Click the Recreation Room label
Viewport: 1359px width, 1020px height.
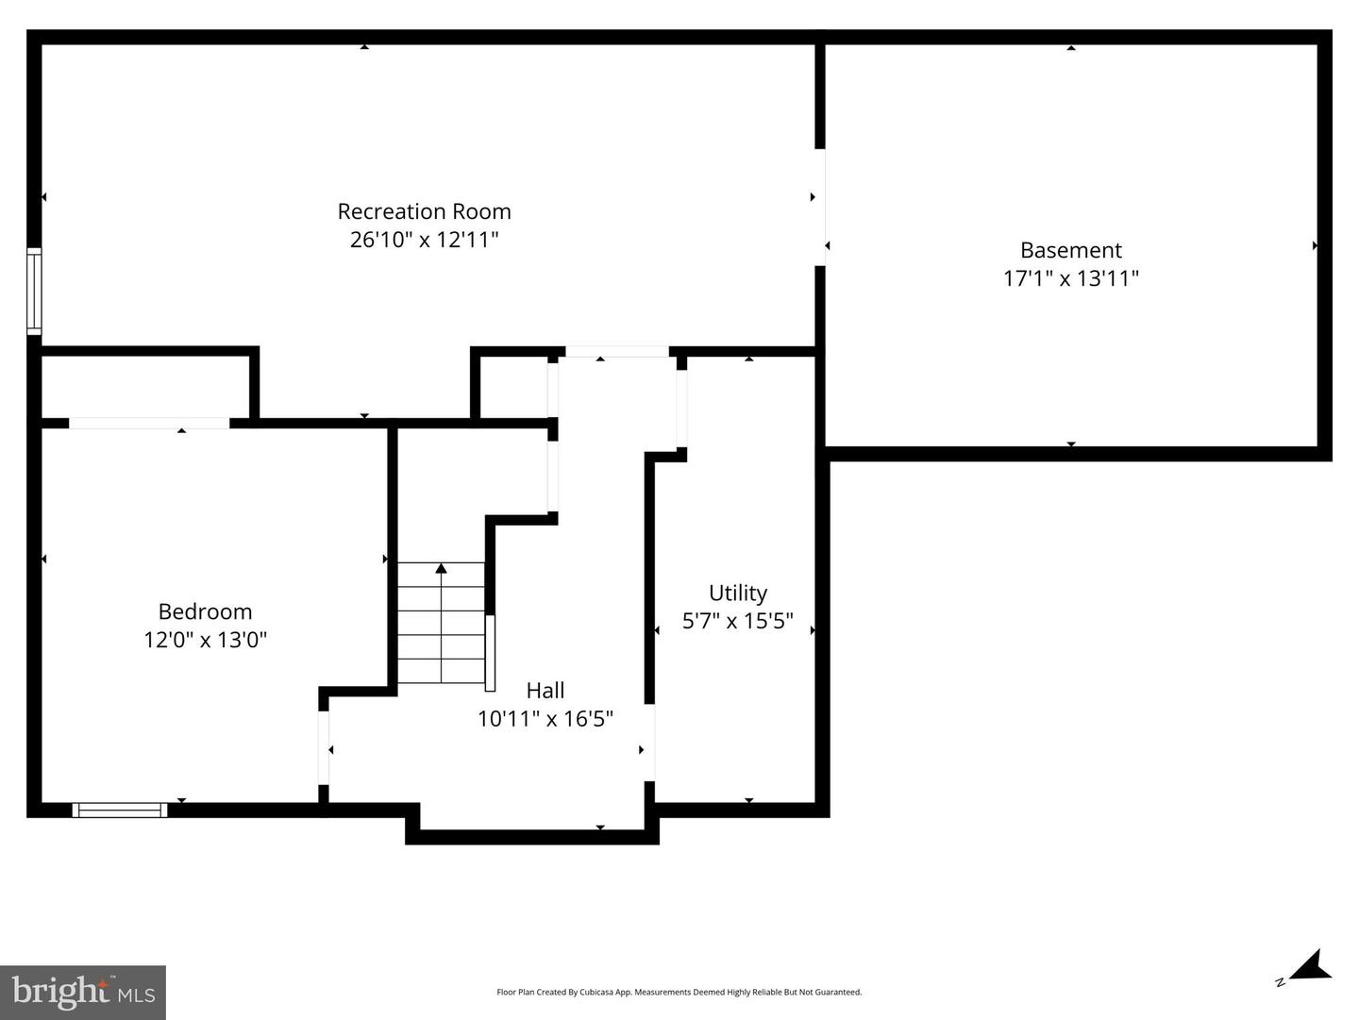(x=424, y=211)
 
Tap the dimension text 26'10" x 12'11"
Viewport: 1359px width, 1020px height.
(x=424, y=240)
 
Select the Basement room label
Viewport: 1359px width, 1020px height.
(x=1070, y=250)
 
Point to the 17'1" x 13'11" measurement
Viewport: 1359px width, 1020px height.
(x=1070, y=278)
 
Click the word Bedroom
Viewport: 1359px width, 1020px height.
(x=205, y=611)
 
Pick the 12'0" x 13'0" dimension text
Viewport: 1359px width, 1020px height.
(x=205, y=640)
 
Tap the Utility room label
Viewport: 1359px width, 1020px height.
(x=737, y=593)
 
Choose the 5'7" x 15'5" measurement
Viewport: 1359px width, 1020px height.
(x=737, y=621)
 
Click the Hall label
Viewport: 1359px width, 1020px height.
(x=545, y=690)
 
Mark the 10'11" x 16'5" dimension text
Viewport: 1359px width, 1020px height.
(x=545, y=718)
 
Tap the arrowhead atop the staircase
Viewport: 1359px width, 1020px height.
(x=441, y=568)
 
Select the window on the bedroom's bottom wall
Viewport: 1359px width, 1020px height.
(x=120, y=810)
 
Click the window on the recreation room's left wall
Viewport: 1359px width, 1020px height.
(x=34, y=291)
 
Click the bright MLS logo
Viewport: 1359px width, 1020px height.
(x=83, y=992)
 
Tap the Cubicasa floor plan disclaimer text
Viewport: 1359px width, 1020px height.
(x=679, y=992)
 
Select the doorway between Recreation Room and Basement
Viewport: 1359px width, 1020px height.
(x=820, y=208)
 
